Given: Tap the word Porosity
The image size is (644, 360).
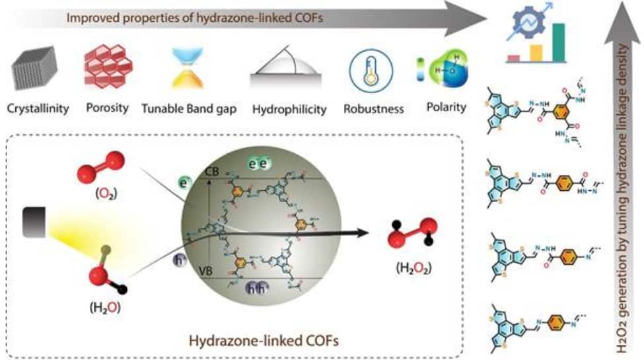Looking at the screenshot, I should [x=107, y=108].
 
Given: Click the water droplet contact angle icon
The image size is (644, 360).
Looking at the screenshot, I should [x=289, y=71].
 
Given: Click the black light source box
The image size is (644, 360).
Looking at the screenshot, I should [x=34, y=221].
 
